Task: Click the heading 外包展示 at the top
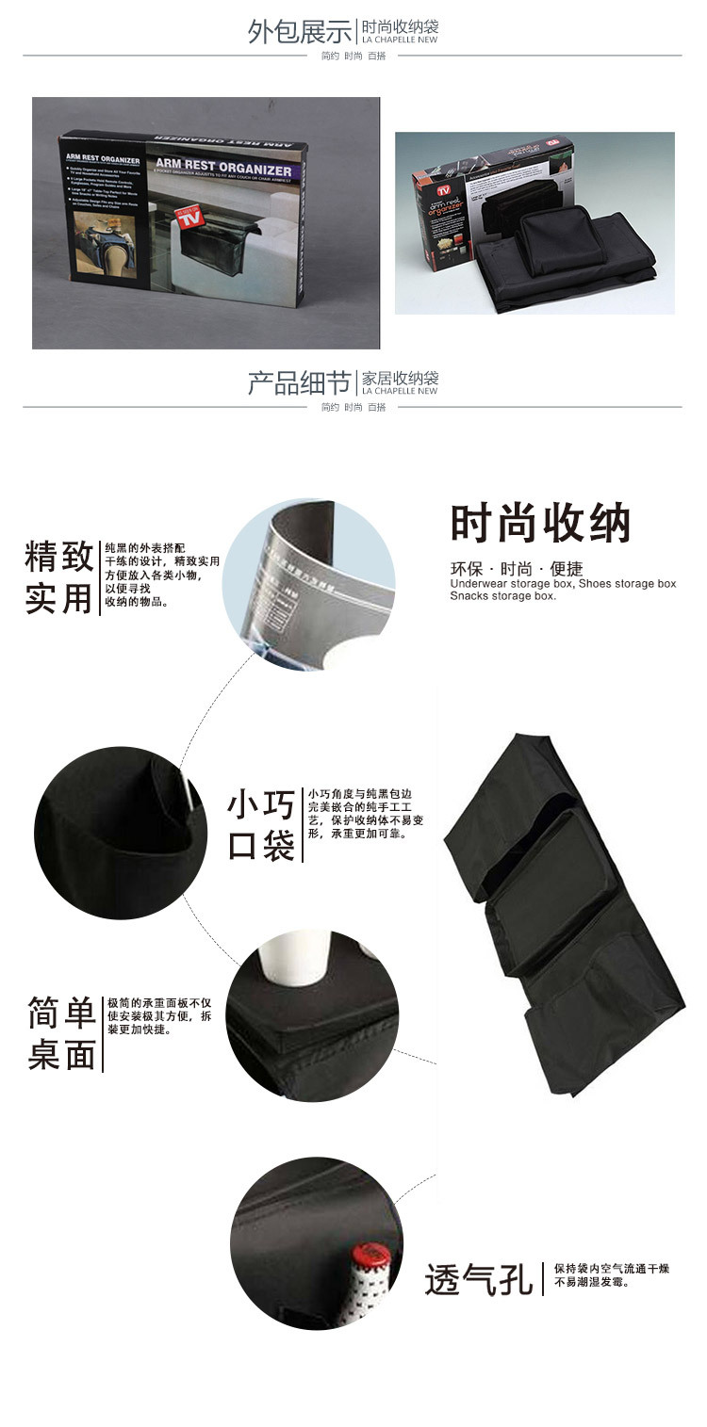pos(300,31)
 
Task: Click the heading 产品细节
pos(300,383)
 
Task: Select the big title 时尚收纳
pos(540,524)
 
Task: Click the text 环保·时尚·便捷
pos(517,569)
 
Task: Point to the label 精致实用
pos(59,577)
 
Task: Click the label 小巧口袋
pos(261,826)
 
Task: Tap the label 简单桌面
pos(62,1033)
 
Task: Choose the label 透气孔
pos(479,1278)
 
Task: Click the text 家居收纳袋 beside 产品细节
pos(400,377)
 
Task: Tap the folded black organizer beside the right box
pos(564,254)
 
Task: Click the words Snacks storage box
pos(502,596)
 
